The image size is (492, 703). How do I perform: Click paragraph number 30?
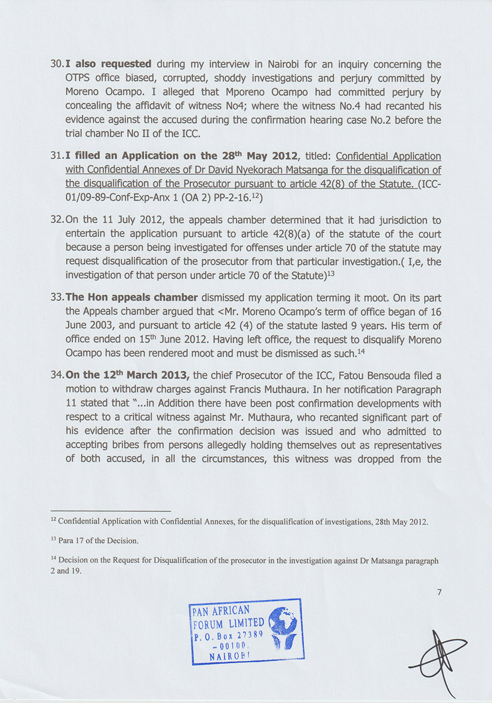point(56,64)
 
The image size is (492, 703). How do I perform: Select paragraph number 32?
point(56,220)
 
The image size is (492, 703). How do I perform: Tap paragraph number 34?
point(56,375)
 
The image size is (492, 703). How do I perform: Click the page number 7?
point(439,592)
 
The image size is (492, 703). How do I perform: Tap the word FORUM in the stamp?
point(208,625)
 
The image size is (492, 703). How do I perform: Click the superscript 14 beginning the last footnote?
point(53,559)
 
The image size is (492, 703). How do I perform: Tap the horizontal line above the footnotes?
point(111,510)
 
